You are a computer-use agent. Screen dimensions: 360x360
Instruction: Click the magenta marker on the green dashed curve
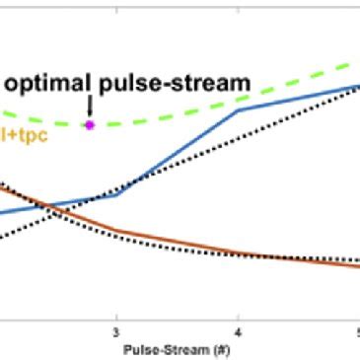point(90,125)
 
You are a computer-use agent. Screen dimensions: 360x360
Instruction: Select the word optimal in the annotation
point(48,83)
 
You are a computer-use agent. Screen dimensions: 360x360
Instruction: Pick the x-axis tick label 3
point(116,332)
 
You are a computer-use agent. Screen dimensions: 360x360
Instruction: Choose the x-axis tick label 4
point(238,332)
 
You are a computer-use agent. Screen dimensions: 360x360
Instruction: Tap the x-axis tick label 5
point(356,332)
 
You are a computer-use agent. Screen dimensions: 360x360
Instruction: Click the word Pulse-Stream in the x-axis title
point(163,348)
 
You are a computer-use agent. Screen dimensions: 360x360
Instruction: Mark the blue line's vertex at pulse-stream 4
point(238,109)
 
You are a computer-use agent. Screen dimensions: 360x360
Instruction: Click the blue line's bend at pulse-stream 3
point(116,194)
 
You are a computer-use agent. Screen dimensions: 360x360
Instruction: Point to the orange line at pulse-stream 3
point(116,231)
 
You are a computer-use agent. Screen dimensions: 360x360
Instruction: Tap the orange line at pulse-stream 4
point(238,252)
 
